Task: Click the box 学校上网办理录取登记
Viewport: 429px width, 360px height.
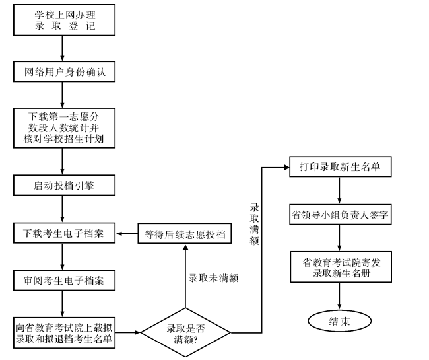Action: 64,20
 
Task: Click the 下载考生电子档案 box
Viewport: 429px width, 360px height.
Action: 63,233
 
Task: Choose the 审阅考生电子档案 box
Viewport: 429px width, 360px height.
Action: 63,281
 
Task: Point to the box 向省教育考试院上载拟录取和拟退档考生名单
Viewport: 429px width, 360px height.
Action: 63,333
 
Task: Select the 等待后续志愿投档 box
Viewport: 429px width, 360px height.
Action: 184,234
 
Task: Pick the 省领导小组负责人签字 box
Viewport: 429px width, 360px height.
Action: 340,215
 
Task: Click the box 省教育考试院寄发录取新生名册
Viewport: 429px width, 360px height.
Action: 340,268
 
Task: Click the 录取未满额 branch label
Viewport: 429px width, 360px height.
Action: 213,278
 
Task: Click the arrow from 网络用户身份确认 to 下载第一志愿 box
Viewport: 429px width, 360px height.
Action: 62,94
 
